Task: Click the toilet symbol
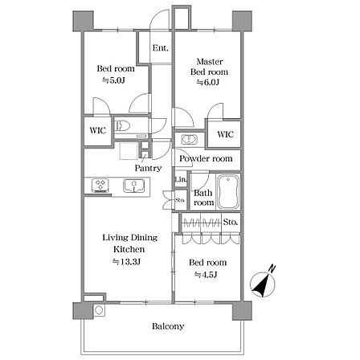[x=122, y=125]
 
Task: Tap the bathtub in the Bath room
[x=228, y=191]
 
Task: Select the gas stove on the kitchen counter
[x=100, y=186]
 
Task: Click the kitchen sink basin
[x=134, y=186]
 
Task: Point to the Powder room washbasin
[x=190, y=140]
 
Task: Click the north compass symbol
[x=263, y=284]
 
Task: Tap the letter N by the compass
[x=272, y=268]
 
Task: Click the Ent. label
[x=161, y=48]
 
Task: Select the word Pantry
[x=148, y=168]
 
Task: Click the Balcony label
[x=168, y=326]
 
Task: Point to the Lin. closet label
[x=181, y=178]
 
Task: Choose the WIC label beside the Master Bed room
[x=226, y=134]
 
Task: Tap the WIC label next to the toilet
[x=98, y=130]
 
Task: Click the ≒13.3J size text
[x=127, y=262]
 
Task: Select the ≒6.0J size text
[x=208, y=82]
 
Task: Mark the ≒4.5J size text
[x=206, y=275]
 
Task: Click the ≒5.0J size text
[x=114, y=80]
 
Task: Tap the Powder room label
[x=206, y=158]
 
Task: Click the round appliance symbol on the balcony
[x=99, y=310]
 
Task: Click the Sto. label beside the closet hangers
[x=231, y=222]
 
